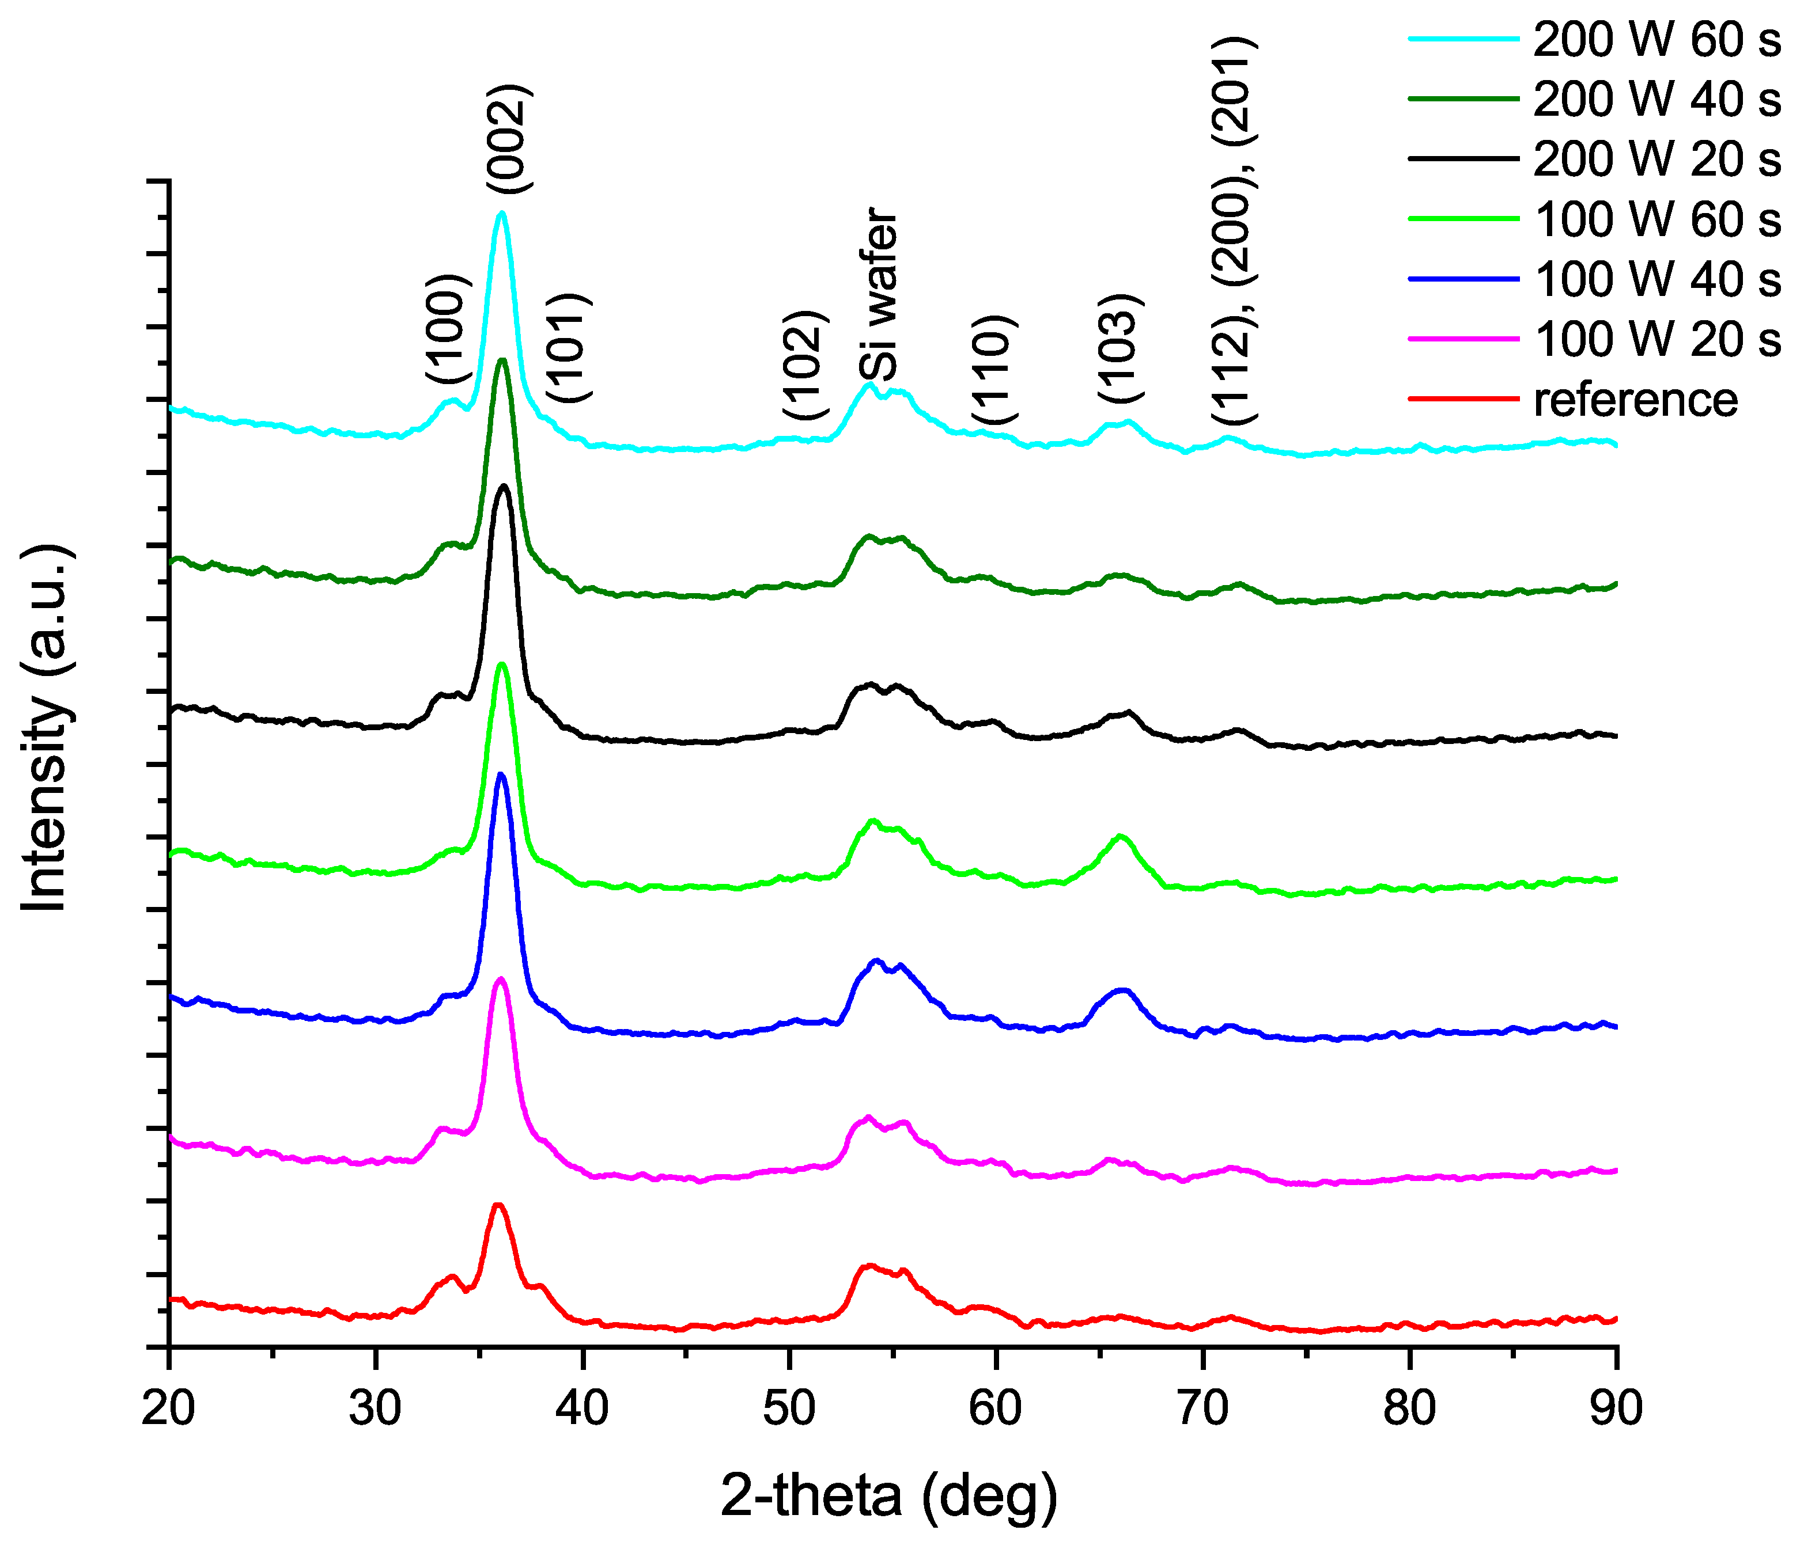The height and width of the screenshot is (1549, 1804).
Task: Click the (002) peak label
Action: click(508, 139)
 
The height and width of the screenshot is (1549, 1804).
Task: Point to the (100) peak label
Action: click(448, 329)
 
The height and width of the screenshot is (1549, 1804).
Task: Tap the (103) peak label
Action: click(1120, 348)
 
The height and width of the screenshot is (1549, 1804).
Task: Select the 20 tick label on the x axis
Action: click(169, 1408)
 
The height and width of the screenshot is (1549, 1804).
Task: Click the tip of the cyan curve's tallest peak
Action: click(501, 212)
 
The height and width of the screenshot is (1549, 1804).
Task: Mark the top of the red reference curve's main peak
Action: click(498, 1205)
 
